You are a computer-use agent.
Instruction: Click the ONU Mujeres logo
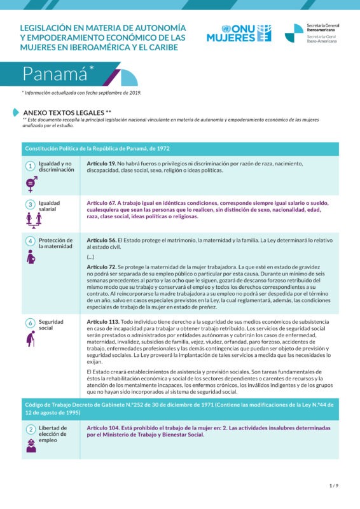239,33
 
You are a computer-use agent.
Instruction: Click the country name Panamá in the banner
55,74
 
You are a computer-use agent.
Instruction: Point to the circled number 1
30,166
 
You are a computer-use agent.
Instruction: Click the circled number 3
30,204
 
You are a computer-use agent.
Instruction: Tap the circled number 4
30,241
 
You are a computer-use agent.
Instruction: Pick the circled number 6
30,323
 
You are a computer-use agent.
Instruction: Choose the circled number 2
30,429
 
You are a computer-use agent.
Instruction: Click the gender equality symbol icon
30,184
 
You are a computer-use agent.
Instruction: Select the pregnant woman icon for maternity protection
31,257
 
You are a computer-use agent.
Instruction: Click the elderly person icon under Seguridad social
30,339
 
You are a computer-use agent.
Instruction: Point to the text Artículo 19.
100,164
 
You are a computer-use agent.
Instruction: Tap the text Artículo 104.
102,428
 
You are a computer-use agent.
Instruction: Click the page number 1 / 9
334,485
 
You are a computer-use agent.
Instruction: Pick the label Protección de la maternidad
55,243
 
